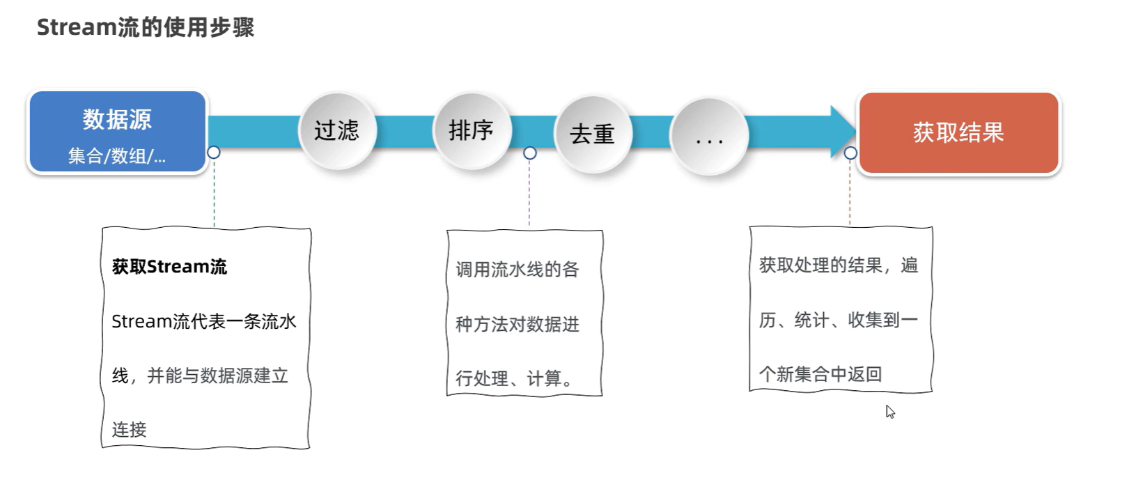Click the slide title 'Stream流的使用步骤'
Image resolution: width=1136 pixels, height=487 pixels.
(x=145, y=27)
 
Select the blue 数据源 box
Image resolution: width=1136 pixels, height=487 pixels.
(x=117, y=132)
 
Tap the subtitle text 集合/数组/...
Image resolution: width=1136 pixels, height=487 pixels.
(x=117, y=156)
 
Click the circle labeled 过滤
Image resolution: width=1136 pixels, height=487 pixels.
(x=337, y=130)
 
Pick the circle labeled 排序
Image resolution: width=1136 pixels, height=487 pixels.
(x=472, y=130)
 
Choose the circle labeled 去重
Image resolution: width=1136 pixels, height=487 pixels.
(x=593, y=134)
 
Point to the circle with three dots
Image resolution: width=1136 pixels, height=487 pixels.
(x=709, y=137)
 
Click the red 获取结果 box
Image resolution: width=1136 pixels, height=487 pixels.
(x=958, y=132)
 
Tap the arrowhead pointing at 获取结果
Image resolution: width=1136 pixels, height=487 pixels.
(x=843, y=131)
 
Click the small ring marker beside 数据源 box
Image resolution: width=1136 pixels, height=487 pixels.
(x=214, y=153)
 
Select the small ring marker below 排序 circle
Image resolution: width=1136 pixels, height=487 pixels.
(x=530, y=153)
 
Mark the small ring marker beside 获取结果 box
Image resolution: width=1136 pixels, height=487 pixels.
(x=850, y=153)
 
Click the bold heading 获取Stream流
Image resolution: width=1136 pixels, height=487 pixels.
(x=169, y=267)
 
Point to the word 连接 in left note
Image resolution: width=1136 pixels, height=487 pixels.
(x=130, y=430)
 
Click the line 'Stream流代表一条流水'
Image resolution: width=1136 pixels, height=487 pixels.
(x=203, y=321)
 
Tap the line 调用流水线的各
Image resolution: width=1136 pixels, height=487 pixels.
(x=518, y=270)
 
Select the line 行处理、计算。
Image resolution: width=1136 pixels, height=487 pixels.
(x=515, y=378)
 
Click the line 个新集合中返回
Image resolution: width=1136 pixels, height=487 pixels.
(x=820, y=375)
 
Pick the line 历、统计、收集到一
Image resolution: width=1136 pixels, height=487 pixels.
(x=839, y=320)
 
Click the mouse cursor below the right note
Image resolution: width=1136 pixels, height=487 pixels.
(x=889, y=411)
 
